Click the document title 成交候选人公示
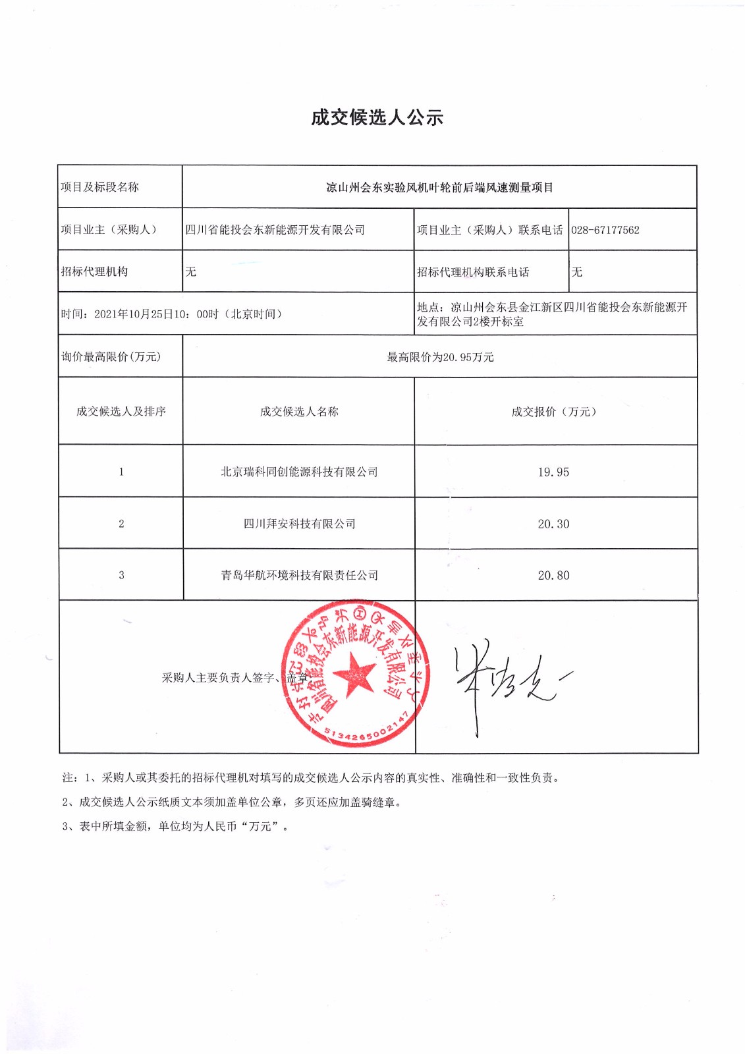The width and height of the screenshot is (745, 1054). (x=377, y=118)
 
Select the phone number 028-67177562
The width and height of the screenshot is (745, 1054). (x=605, y=230)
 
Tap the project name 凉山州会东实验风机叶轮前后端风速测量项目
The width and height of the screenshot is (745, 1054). (x=439, y=188)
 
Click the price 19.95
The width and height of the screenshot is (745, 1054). (x=553, y=472)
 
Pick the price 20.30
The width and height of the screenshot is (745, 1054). (x=553, y=524)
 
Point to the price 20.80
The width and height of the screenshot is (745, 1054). (x=553, y=576)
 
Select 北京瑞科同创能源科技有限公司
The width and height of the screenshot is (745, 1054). (x=299, y=472)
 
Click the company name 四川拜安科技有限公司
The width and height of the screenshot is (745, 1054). (x=299, y=524)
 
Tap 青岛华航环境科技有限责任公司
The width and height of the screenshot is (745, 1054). (x=299, y=576)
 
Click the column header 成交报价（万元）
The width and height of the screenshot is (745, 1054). (x=553, y=412)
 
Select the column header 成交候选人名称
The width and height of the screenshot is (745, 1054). (x=299, y=412)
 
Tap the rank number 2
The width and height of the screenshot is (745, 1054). (x=121, y=524)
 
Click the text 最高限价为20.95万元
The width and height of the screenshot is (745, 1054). (x=439, y=357)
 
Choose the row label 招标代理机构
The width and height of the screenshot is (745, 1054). (x=94, y=272)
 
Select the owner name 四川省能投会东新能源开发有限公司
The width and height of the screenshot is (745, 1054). (x=275, y=230)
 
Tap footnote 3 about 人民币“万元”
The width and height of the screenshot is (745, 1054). (x=175, y=827)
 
